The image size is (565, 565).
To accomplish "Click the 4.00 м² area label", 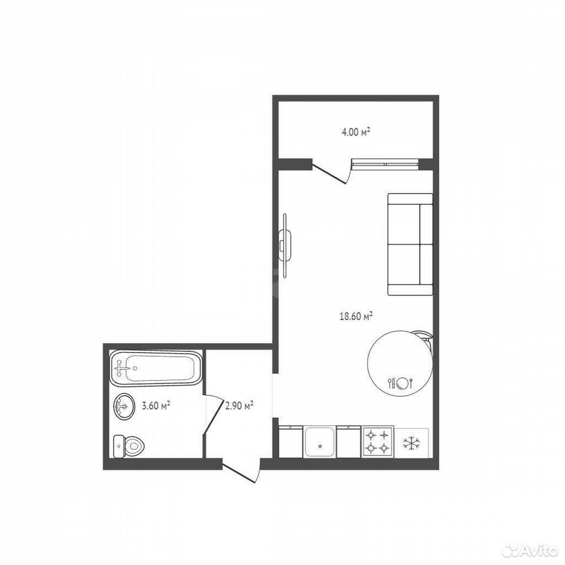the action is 355,132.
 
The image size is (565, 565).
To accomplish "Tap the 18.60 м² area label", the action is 355,317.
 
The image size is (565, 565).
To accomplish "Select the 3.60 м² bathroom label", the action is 156,406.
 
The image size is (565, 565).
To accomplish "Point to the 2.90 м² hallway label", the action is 240,406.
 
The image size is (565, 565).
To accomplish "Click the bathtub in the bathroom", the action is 155,368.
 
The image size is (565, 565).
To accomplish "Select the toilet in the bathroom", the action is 128,446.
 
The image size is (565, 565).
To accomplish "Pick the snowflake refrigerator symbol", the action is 411,443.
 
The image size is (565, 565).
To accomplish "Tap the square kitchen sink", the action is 320,442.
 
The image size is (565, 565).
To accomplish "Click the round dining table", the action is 400,364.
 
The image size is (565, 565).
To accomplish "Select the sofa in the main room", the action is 410,244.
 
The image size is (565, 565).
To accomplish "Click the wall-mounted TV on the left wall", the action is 285,246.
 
